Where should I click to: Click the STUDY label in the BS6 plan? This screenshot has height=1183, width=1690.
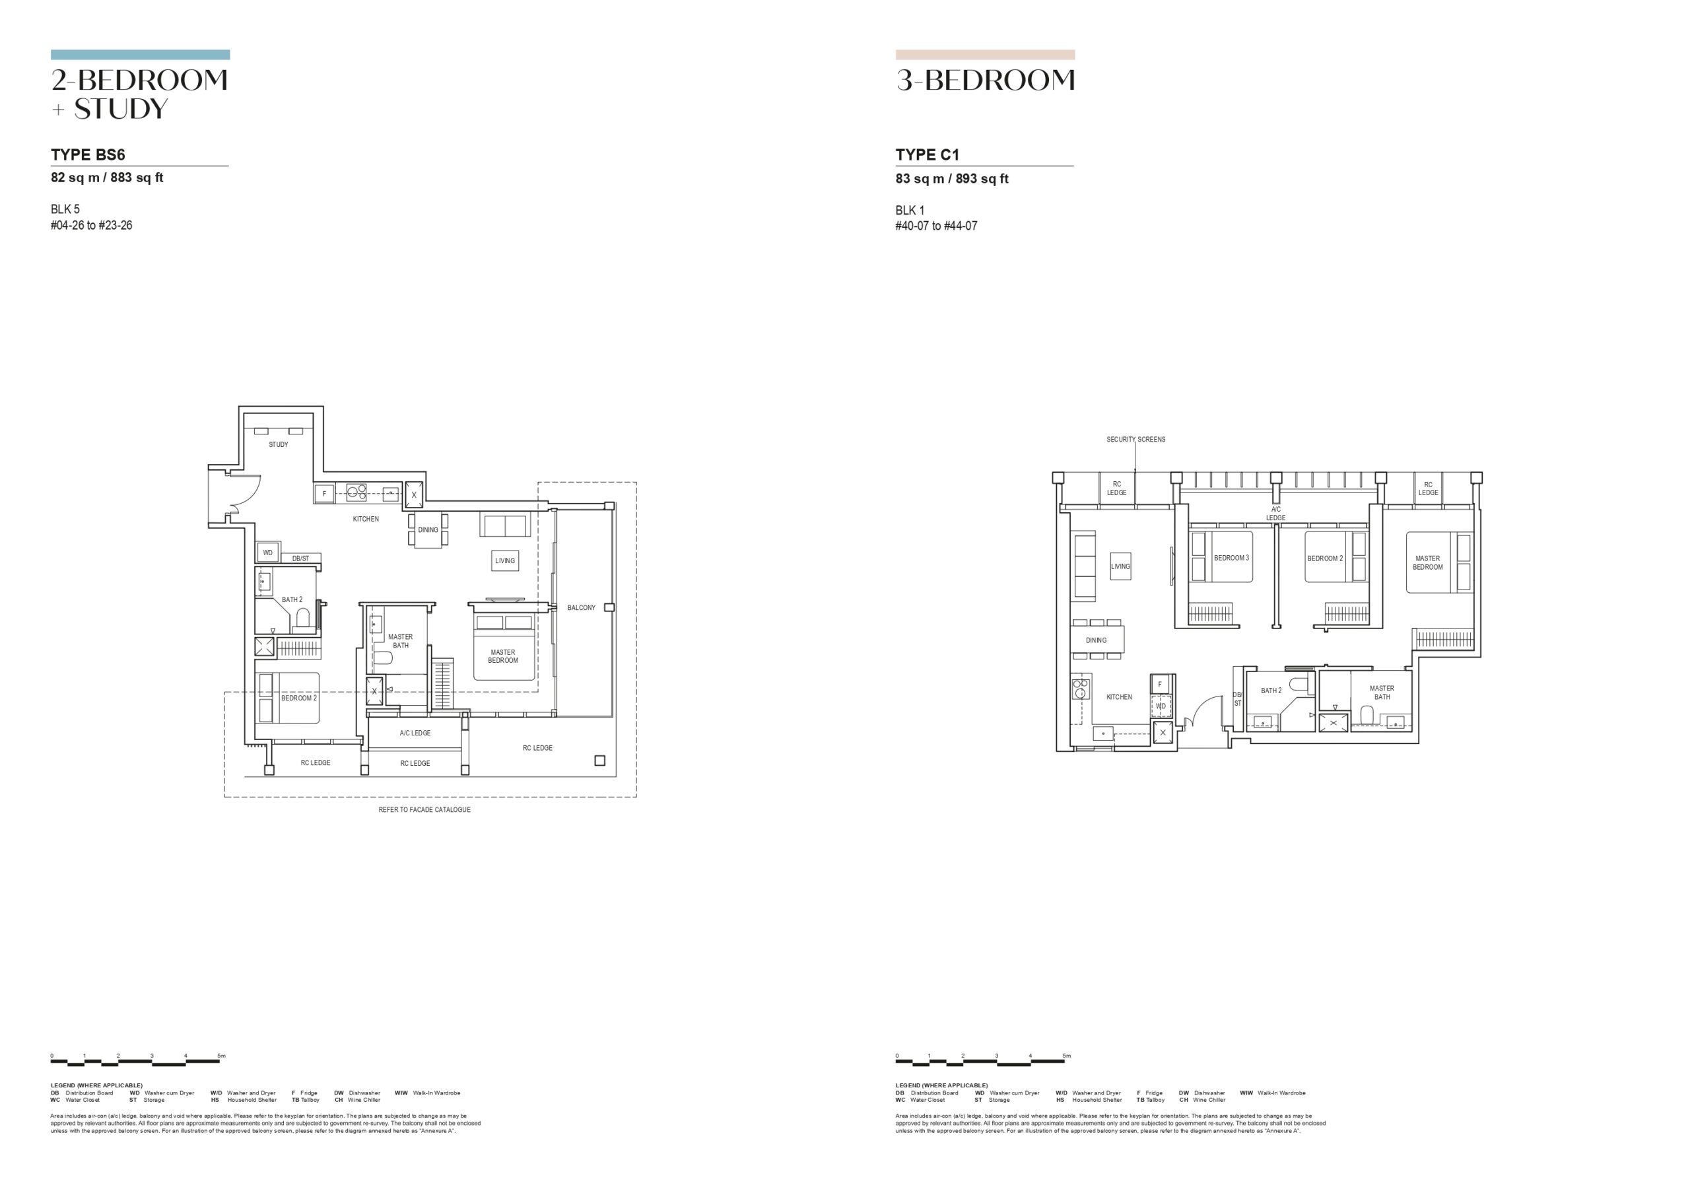(278, 445)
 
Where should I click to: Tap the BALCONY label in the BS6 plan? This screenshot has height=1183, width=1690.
(582, 607)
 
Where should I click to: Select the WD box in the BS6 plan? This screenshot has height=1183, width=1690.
(268, 552)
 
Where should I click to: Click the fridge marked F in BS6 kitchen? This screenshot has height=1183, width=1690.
(325, 493)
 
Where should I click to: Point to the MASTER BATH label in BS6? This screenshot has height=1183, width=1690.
(401, 641)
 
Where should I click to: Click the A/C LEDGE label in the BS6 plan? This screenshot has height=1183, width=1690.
(415, 733)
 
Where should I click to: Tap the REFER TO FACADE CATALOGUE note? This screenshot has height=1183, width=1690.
(424, 810)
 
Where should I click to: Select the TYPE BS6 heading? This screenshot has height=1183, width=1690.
(88, 154)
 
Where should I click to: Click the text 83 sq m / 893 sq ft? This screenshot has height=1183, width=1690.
(952, 178)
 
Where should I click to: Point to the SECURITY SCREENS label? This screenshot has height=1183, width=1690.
(1135, 440)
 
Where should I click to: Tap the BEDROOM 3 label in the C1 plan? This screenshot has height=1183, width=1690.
(1231, 558)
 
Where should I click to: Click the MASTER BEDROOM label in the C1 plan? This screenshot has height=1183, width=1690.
(1427, 562)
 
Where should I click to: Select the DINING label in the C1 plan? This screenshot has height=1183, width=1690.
(1096, 640)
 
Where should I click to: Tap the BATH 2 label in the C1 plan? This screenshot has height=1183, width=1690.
(1271, 691)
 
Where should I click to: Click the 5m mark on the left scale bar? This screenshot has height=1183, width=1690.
(222, 1056)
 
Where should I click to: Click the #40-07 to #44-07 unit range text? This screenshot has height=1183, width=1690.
(936, 226)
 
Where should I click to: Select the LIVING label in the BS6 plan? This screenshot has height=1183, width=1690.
(505, 561)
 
